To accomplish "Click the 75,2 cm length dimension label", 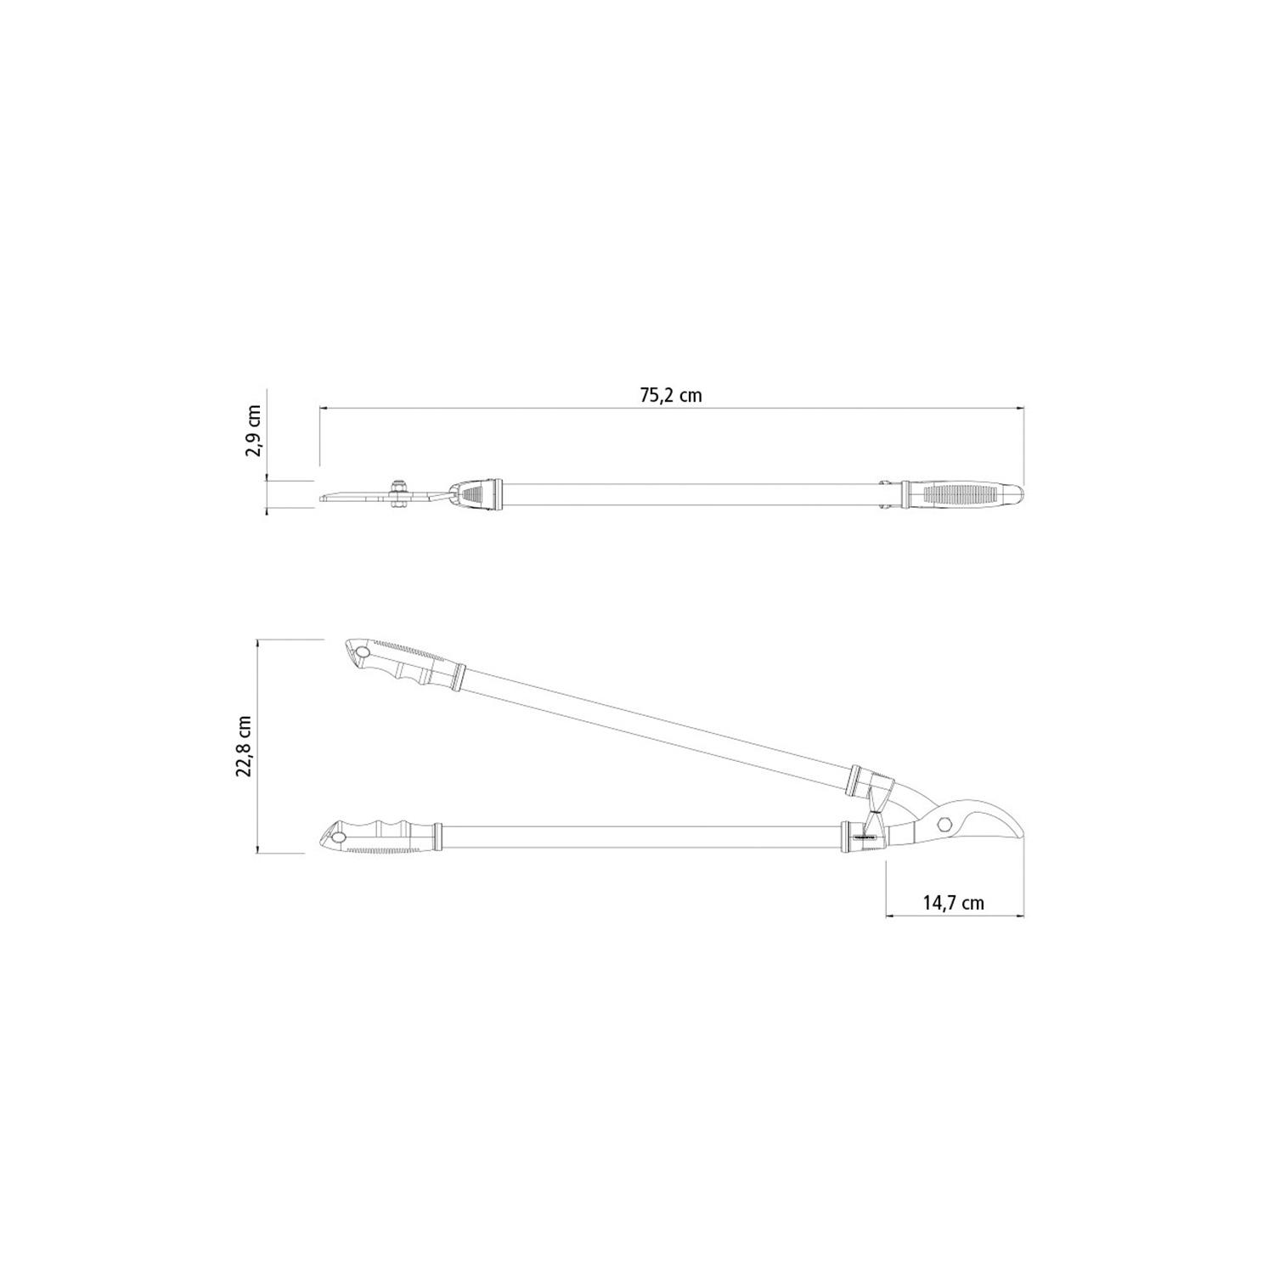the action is pyautogui.click(x=671, y=395).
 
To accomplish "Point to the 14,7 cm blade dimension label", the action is pyautogui.click(x=954, y=903).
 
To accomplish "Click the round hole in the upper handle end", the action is pyautogui.click(x=364, y=652).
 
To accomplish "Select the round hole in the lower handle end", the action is pyautogui.click(x=338, y=838).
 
